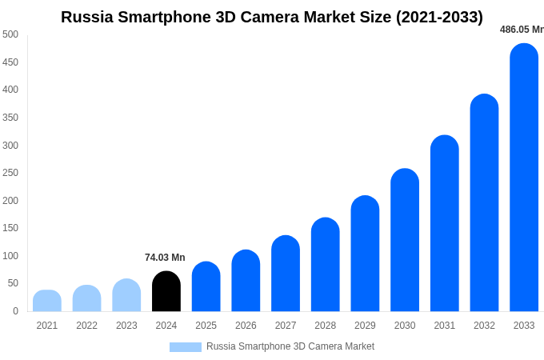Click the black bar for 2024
166,292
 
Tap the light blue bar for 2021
47,302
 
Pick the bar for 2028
326,265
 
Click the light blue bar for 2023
126,296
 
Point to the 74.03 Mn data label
165,258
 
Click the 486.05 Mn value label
521,30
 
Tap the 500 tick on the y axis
10,34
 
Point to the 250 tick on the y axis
10,173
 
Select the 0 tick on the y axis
15,311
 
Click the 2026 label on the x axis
246,326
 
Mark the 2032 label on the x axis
484,326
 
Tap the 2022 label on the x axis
86,326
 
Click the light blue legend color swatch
185,347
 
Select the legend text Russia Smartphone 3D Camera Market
290,346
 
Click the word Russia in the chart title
87,17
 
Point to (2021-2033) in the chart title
439,17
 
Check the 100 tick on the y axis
10,256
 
